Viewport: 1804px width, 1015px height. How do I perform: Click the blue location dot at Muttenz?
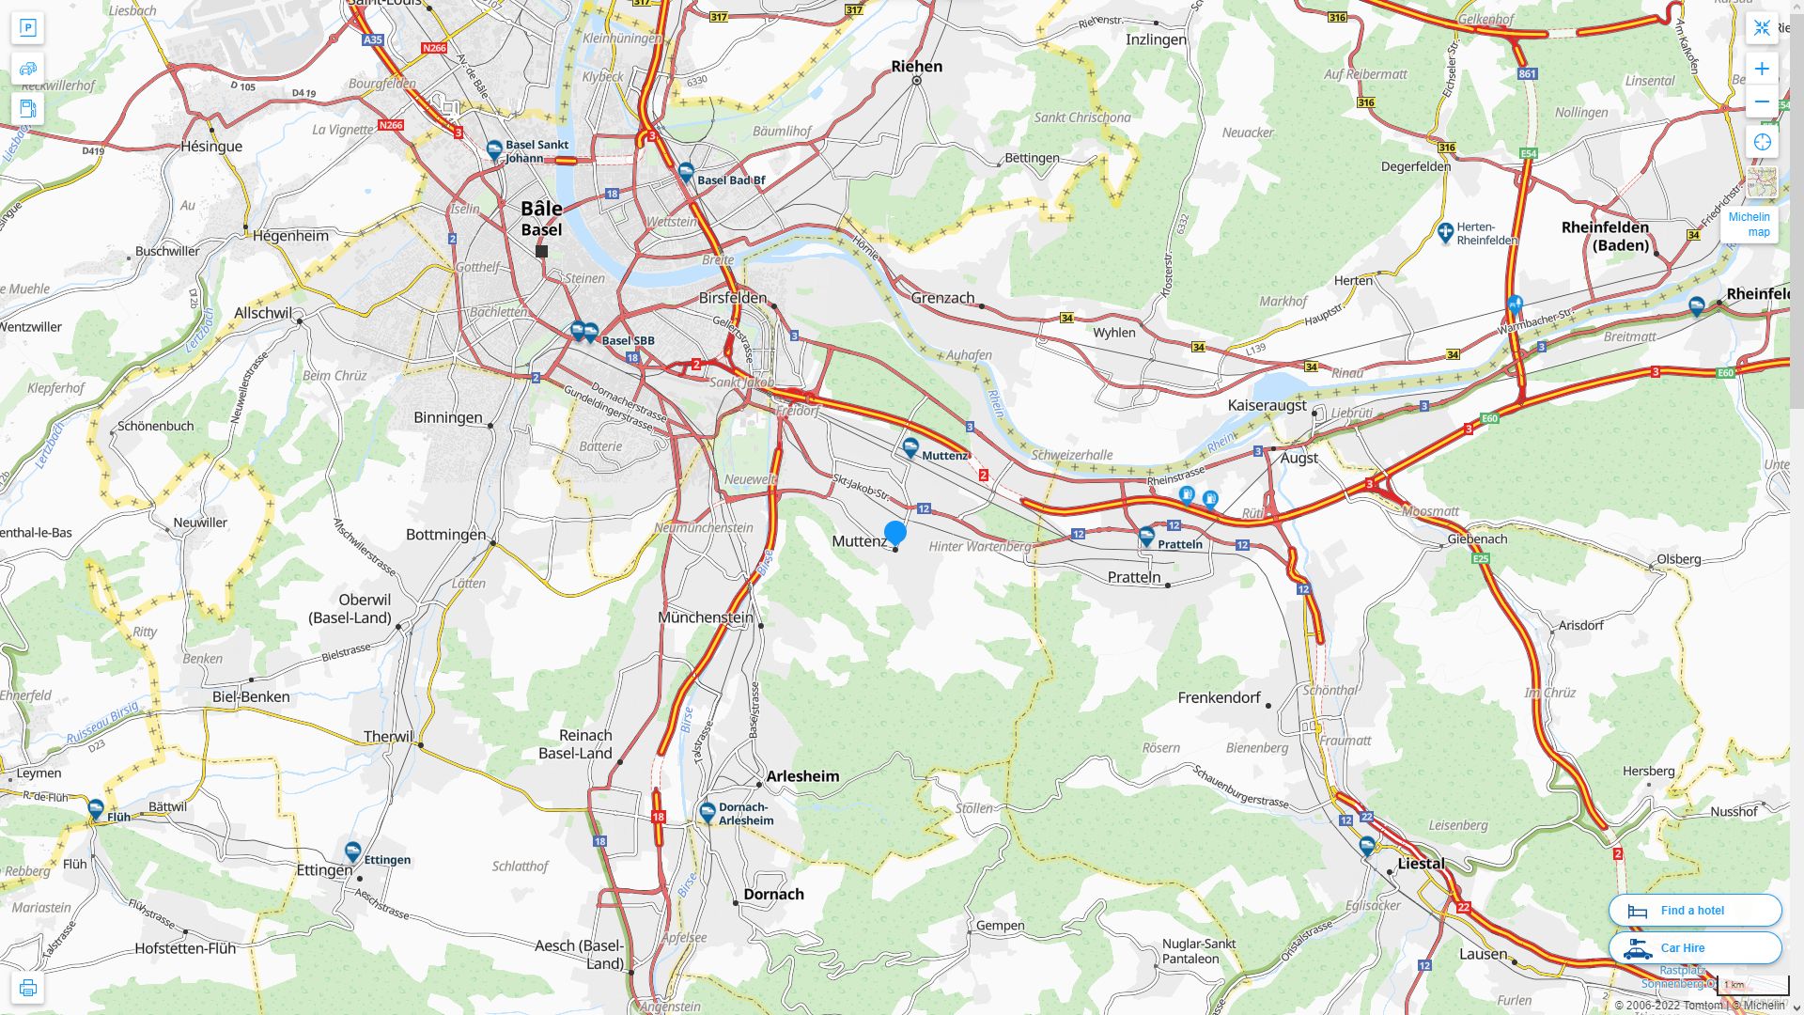[894, 533]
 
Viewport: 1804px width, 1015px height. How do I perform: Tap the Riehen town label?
[916, 66]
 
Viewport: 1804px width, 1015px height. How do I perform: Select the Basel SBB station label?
[628, 340]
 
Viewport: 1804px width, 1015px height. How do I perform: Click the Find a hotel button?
[1694, 910]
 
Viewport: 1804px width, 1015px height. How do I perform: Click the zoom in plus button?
[1762, 69]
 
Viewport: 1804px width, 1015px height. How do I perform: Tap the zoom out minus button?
[1762, 101]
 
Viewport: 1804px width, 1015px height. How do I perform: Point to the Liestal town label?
[1421, 863]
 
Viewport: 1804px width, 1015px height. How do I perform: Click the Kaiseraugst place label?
[1267, 405]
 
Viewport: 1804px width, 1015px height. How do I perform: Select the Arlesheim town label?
[802, 775]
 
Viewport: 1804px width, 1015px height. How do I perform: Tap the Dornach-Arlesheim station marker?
[708, 811]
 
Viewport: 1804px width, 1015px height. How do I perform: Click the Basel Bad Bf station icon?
[686, 172]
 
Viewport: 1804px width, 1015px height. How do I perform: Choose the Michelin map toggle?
[1750, 224]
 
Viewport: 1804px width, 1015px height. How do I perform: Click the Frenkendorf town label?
[1219, 696]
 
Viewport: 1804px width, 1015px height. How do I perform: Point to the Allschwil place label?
[262, 313]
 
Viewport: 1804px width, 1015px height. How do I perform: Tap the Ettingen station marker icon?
[352, 851]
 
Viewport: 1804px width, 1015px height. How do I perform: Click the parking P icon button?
[27, 27]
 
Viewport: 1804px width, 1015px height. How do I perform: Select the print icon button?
[27, 988]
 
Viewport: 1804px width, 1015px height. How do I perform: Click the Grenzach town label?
[942, 297]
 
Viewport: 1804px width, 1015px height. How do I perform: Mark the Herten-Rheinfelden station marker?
[1445, 231]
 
